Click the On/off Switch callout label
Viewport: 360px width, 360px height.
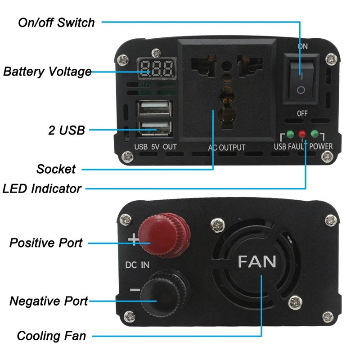[x=56, y=22]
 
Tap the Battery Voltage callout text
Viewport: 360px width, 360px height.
[x=47, y=72]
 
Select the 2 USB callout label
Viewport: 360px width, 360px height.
[x=66, y=130]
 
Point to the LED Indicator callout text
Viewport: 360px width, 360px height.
[x=42, y=188]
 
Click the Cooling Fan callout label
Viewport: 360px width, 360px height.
[x=51, y=336]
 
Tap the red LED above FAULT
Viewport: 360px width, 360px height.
[x=302, y=134]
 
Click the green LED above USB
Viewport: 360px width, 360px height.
[x=290, y=134]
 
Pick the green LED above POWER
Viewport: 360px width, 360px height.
[x=315, y=134]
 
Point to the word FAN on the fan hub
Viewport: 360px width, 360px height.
[x=256, y=261]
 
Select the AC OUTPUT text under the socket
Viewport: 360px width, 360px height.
[x=226, y=147]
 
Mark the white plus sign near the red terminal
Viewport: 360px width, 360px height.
[x=133, y=239]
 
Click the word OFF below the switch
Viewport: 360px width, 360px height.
[x=302, y=113]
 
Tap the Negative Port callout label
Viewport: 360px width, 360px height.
[x=49, y=301]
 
